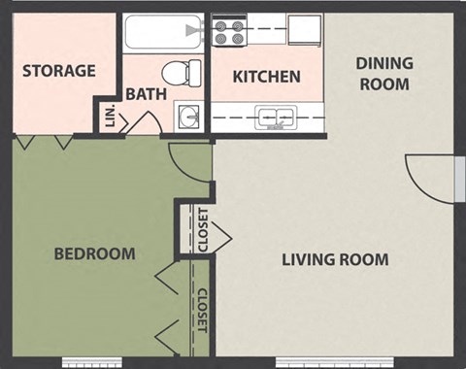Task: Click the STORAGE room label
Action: [x=59, y=70]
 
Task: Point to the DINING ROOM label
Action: [x=383, y=74]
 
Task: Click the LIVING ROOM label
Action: [x=335, y=259]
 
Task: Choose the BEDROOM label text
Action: [x=94, y=253]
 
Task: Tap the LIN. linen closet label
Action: [x=109, y=116]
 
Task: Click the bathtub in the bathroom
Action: [x=163, y=32]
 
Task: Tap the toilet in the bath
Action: [x=181, y=72]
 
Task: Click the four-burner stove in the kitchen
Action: [x=230, y=31]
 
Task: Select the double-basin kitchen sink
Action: [x=275, y=118]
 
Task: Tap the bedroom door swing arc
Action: [x=187, y=160]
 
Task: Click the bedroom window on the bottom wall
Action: [x=94, y=362]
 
